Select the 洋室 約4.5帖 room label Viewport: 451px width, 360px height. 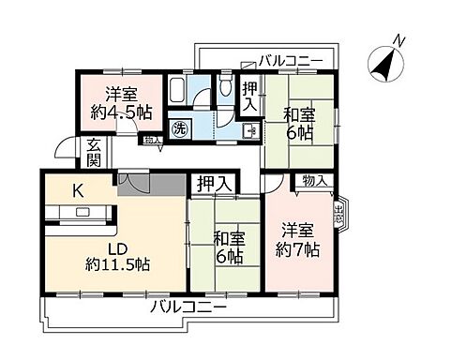coord(117,103)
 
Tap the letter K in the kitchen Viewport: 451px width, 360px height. coord(79,190)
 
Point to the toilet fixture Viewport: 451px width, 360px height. coord(224,89)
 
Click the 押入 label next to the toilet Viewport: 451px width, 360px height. coord(249,97)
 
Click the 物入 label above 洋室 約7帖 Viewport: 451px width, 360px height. coord(314,181)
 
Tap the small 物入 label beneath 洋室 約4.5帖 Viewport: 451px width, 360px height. coord(153,141)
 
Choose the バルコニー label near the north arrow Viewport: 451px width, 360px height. coord(291,60)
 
